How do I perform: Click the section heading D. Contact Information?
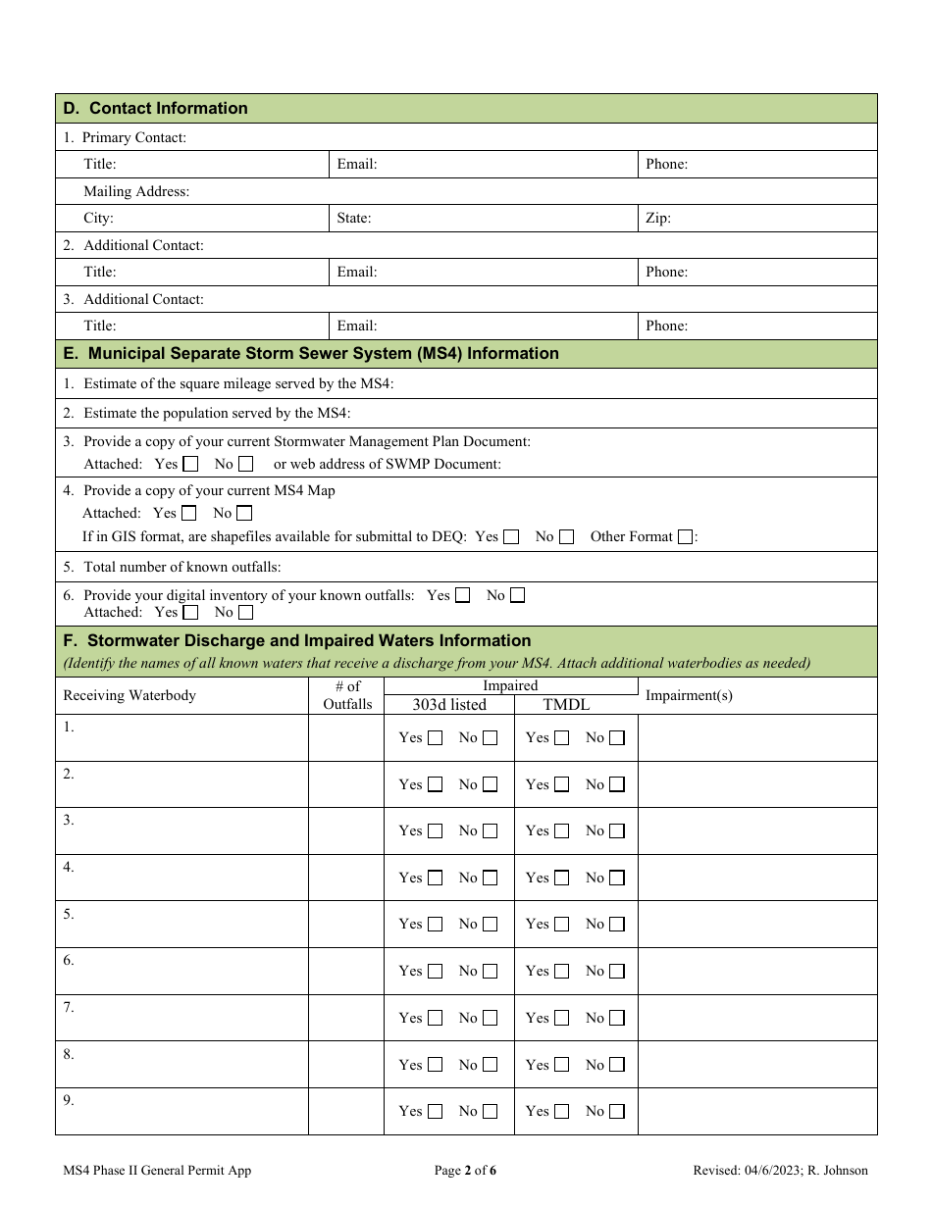point(156,109)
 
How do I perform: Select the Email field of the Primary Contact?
point(485,165)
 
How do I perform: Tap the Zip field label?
point(658,219)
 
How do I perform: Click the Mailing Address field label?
point(136,192)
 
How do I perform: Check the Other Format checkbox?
point(686,537)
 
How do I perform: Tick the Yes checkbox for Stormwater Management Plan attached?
point(191,464)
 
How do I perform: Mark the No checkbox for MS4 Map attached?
point(244,513)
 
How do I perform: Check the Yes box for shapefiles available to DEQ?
point(511,537)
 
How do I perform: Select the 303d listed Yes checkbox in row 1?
point(436,738)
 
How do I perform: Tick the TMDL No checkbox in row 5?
point(616,925)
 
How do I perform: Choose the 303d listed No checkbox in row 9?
point(490,1112)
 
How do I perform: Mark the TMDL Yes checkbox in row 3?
point(561,831)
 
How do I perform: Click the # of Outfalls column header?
point(347,695)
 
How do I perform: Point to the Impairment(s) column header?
point(689,695)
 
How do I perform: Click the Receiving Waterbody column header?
point(129,695)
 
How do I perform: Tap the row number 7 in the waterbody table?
point(69,1008)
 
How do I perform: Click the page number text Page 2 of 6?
point(466,1170)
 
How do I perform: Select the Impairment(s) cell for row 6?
point(756,971)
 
